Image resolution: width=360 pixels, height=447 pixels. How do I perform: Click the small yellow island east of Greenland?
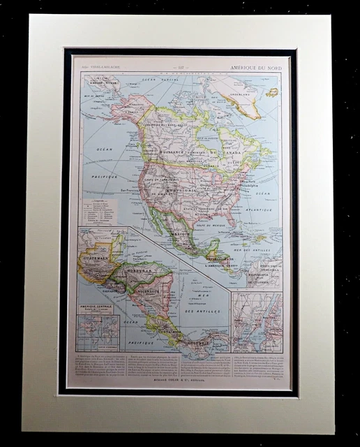(272, 92)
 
